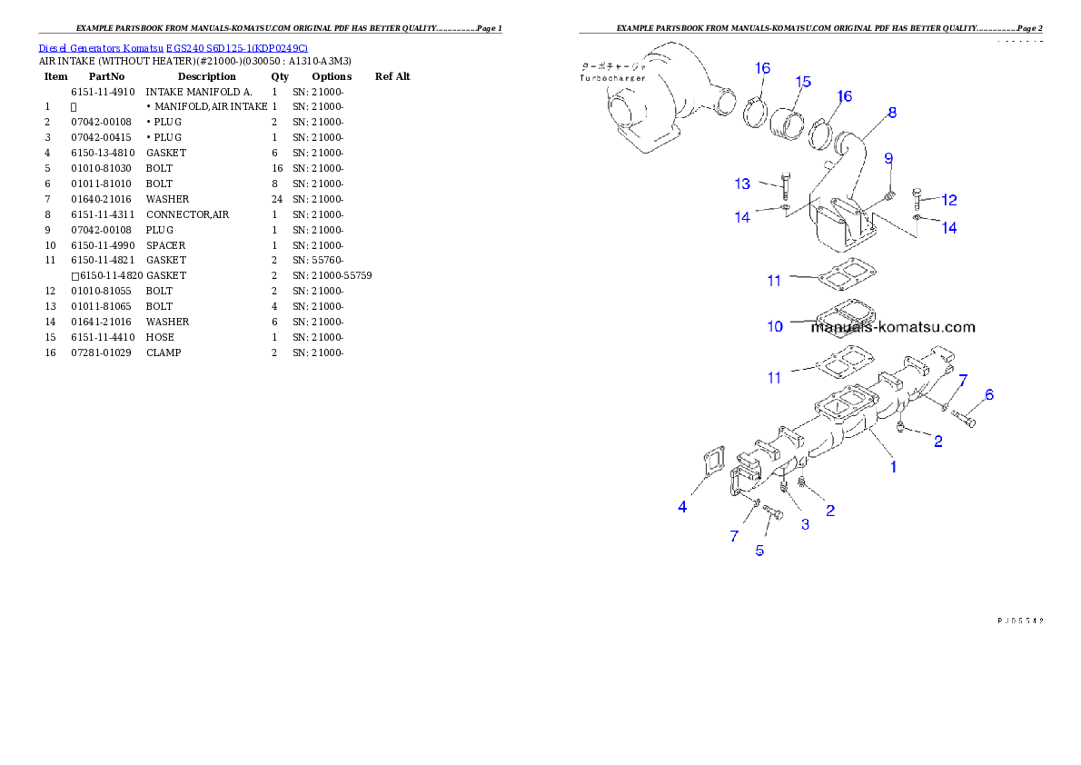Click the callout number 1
point(894,467)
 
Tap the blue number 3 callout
point(805,524)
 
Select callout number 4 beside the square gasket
point(682,507)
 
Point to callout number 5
point(760,550)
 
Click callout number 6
point(989,394)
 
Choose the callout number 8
point(892,113)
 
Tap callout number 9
point(889,159)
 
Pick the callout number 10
point(775,326)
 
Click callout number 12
point(949,199)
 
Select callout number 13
point(743,184)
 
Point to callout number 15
point(803,82)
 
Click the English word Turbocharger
point(613,78)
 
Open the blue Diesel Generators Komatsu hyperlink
point(173,47)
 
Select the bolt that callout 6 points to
point(965,418)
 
